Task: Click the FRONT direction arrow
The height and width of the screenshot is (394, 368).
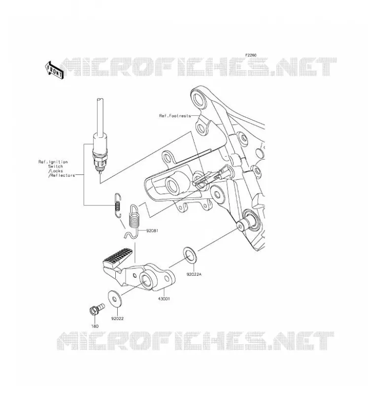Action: [54, 70]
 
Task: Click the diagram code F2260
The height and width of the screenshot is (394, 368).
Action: [251, 55]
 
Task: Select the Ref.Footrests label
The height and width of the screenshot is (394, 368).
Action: [175, 116]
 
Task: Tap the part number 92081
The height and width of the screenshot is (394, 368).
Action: [152, 230]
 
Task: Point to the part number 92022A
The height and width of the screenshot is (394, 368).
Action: [194, 274]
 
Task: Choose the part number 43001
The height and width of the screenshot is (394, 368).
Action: [164, 299]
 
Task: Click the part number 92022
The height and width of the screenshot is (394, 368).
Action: [117, 319]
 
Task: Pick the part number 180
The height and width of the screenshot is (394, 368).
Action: [95, 326]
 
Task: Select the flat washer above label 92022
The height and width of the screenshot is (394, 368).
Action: [114, 299]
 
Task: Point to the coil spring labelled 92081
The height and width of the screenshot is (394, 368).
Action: [134, 219]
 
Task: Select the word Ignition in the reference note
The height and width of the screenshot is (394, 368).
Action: [58, 162]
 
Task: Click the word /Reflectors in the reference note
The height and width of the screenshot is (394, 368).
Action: [62, 175]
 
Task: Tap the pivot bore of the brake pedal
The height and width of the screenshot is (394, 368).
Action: [146, 279]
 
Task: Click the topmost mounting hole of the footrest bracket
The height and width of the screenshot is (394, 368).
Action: [199, 98]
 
